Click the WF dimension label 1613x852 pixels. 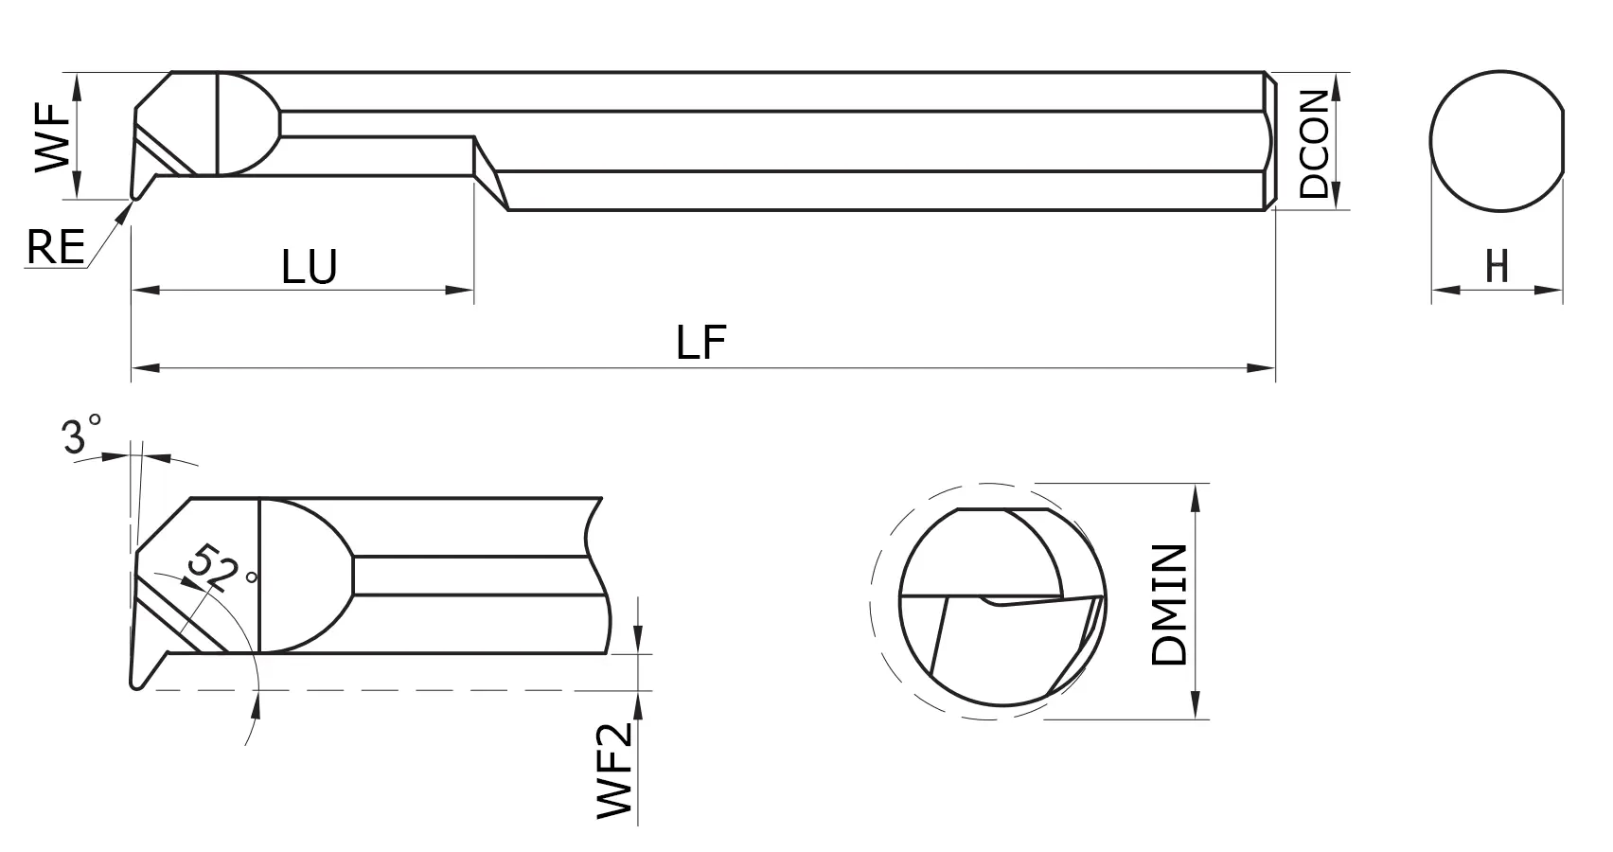pyautogui.click(x=53, y=137)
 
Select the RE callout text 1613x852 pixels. pyautogui.click(x=55, y=248)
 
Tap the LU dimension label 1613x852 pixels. pyautogui.click(x=310, y=269)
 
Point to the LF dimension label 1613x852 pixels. pyautogui.click(x=701, y=344)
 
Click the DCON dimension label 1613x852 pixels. pyautogui.click(x=1315, y=144)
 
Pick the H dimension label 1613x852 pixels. pyautogui.click(x=1497, y=267)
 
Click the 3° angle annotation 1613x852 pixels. pyautogui.click(x=82, y=436)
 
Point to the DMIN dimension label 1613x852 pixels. pyautogui.click(x=1171, y=605)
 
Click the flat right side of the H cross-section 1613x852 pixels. pyautogui.click(x=1562, y=142)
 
